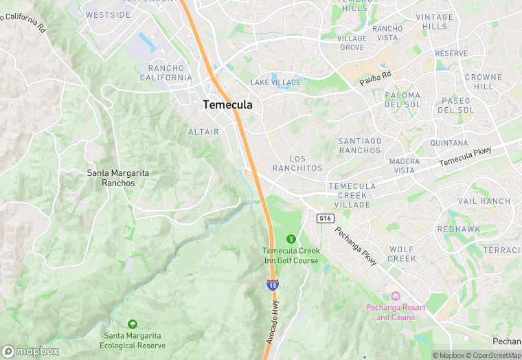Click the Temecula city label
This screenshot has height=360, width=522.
tap(227, 105)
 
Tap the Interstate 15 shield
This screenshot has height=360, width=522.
tap(273, 284)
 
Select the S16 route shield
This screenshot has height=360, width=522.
tap(326, 218)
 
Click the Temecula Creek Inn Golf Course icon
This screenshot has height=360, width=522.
tap(291, 239)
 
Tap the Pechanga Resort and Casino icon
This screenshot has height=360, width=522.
tap(395, 295)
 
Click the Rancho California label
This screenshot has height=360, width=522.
tap(170, 73)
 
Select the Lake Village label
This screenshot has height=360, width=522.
tap(275, 82)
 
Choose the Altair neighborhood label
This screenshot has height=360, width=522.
tap(203, 131)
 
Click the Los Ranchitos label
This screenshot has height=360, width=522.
tap(297, 164)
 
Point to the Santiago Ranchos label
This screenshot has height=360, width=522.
tap(359, 146)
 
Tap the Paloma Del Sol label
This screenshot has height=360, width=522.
tap(402, 100)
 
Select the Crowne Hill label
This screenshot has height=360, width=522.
tap(484, 82)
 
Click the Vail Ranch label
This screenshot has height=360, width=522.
tap(484, 201)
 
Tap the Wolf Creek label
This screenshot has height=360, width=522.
tap(402, 254)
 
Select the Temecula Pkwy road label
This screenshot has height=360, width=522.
tap(466, 159)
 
